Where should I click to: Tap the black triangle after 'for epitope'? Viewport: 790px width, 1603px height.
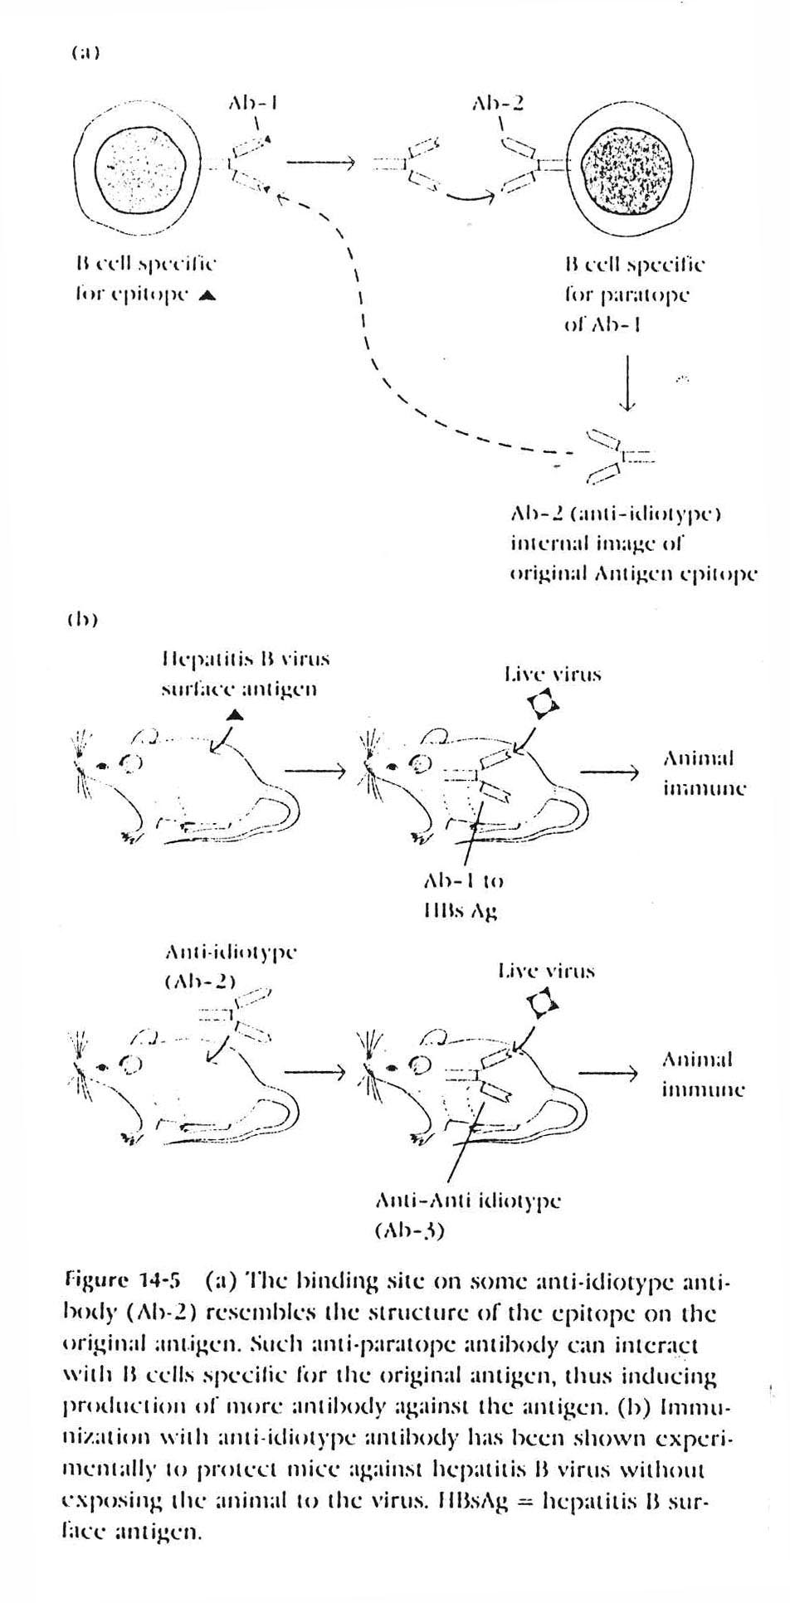click(x=202, y=293)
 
